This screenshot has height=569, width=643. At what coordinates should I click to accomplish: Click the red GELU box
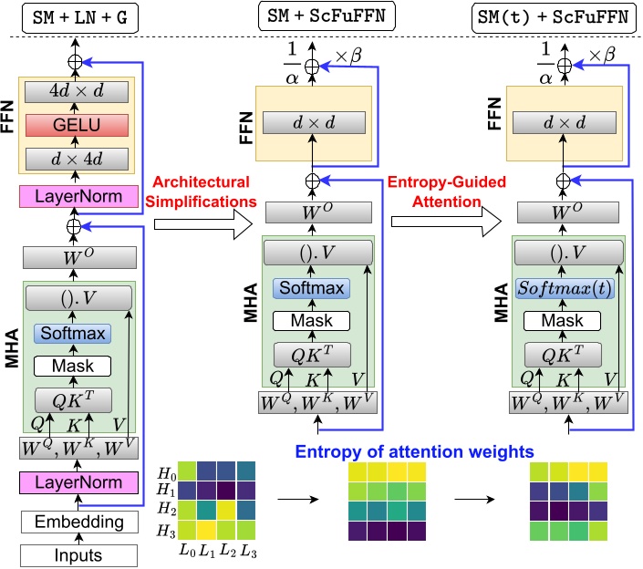(x=78, y=126)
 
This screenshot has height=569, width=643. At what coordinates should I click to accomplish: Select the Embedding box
(x=78, y=522)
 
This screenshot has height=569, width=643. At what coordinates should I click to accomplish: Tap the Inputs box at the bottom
(x=78, y=553)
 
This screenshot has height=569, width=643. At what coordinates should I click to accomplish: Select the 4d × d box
(x=78, y=92)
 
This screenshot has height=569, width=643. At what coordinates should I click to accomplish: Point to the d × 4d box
(x=78, y=160)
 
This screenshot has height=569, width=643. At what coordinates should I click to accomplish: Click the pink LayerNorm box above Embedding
(x=78, y=481)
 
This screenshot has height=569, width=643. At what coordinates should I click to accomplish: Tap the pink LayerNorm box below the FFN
(x=78, y=196)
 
